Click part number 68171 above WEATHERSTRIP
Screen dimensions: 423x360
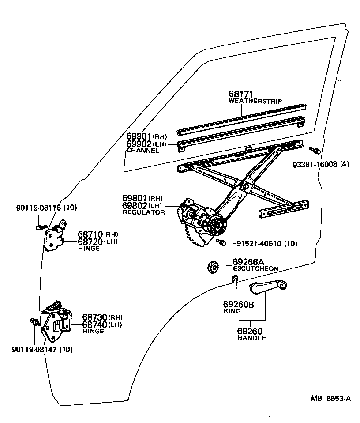point(241,94)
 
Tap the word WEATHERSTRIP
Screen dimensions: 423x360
point(255,101)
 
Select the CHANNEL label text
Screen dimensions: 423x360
point(142,151)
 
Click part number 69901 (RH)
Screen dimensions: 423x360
point(139,136)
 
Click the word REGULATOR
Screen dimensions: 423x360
point(143,212)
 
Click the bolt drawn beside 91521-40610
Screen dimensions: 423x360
point(222,242)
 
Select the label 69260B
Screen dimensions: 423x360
point(238,304)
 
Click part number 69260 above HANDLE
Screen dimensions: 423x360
point(250,331)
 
